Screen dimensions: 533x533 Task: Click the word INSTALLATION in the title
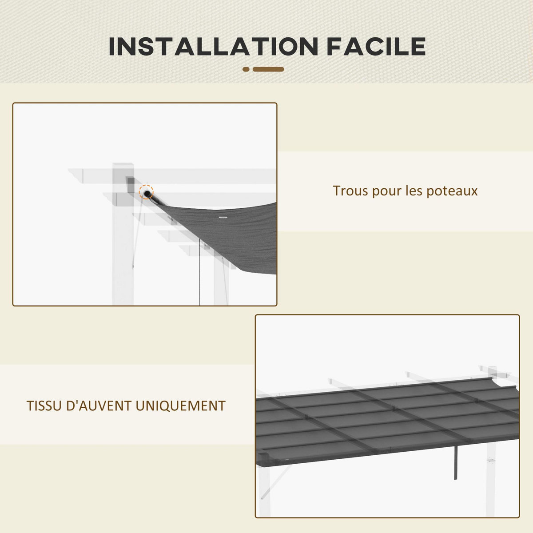(213, 46)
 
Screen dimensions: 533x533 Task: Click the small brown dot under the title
(246, 69)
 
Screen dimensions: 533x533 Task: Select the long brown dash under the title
(268, 69)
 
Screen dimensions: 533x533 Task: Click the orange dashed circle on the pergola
(146, 192)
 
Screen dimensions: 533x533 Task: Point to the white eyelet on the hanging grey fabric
(222, 218)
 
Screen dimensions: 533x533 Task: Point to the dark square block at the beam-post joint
(129, 182)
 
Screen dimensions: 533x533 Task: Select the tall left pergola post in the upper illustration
(123, 249)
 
